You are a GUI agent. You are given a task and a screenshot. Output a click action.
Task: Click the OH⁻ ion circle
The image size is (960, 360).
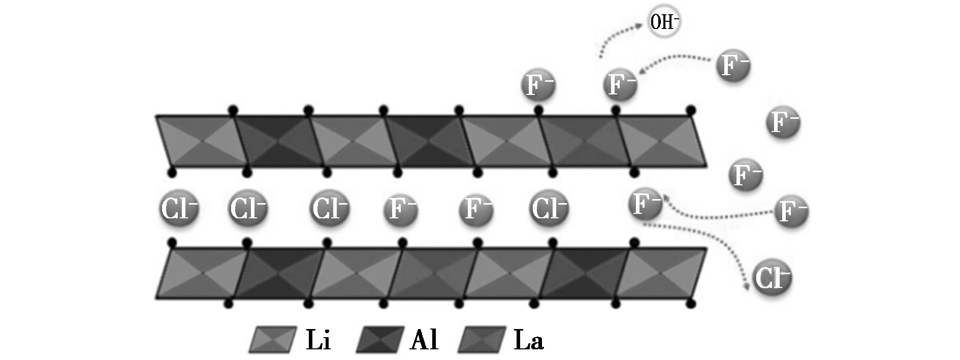point(664,23)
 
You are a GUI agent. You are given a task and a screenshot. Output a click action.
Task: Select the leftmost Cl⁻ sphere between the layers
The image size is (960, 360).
point(178,208)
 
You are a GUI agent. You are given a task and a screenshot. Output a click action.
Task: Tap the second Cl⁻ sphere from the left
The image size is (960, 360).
point(247,208)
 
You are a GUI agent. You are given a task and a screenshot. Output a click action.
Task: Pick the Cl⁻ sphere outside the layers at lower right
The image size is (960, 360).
point(772,278)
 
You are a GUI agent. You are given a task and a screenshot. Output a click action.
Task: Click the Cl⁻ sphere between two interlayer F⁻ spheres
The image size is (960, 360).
point(549,208)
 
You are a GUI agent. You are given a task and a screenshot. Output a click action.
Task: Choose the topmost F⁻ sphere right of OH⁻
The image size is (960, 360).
point(733,66)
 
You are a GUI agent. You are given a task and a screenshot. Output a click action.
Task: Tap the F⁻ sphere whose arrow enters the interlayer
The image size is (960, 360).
point(791,210)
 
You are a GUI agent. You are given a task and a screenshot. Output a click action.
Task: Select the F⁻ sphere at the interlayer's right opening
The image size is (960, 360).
point(646,204)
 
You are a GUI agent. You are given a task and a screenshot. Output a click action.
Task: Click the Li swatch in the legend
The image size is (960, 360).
point(273,339)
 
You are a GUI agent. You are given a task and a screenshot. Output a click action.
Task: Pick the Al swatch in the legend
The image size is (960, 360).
point(380,339)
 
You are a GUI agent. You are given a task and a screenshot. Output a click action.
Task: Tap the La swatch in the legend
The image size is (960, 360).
point(482,339)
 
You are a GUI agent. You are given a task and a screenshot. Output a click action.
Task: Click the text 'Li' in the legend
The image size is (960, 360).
point(318,339)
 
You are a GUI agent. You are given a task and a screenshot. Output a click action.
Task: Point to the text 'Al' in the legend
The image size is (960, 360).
point(424,339)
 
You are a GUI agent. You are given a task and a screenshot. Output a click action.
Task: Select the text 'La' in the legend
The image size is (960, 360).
point(529,339)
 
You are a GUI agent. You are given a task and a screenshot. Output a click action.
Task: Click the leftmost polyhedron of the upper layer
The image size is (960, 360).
point(199,141)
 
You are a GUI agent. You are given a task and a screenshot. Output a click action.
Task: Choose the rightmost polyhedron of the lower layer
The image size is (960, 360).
point(660,273)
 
